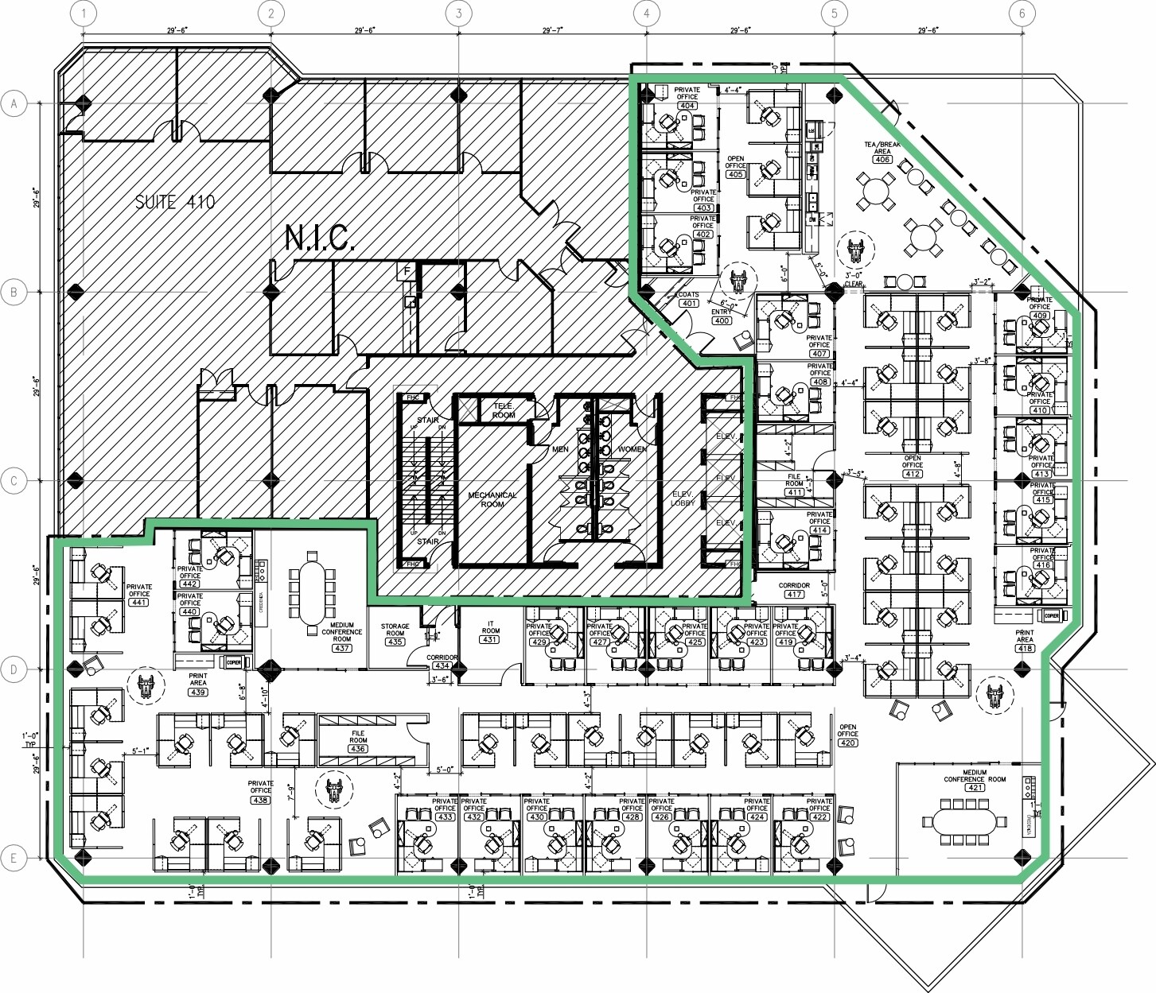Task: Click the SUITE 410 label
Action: click(175, 202)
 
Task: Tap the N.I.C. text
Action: click(319, 238)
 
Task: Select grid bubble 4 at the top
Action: click(647, 13)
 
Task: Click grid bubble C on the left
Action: click(14, 481)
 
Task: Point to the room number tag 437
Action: click(342, 648)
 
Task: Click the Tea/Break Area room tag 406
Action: click(882, 159)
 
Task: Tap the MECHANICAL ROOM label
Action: click(492, 499)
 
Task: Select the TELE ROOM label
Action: click(503, 410)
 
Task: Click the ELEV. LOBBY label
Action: click(683, 498)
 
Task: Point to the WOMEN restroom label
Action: click(632, 449)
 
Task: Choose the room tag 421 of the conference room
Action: click(975, 787)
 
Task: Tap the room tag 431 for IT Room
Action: click(490, 639)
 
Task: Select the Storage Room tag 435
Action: click(395, 642)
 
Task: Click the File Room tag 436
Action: click(358, 748)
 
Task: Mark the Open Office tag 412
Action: click(913, 474)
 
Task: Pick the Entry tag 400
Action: click(722, 320)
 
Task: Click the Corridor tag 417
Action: click(794, 594)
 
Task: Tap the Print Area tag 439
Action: click(198, 692)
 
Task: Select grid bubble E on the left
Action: click(14, 858)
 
